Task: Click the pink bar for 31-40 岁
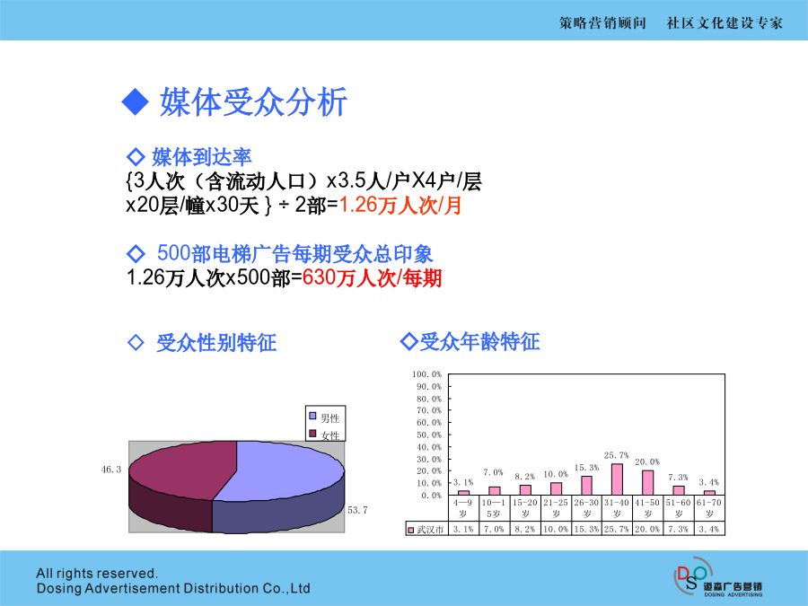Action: (617, 479)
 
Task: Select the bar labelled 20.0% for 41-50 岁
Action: (647, 482)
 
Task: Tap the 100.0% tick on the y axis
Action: (426, 374)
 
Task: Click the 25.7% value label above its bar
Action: (616, 455)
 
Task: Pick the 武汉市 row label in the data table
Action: (426, 529)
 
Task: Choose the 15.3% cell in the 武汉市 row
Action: (586, 529)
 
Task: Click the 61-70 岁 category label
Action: (709, 508)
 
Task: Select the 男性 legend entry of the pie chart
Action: (325, 417)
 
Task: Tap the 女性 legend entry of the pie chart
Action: (325, 435)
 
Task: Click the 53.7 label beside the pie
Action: (357, 510)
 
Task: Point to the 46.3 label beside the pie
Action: (111, 470)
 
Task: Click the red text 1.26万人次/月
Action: (400, 205)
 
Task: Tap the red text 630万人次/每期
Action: (372, 278)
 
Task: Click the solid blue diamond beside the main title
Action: (135, 101)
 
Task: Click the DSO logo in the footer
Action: (717, 577)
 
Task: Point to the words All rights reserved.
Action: (97, 573)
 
